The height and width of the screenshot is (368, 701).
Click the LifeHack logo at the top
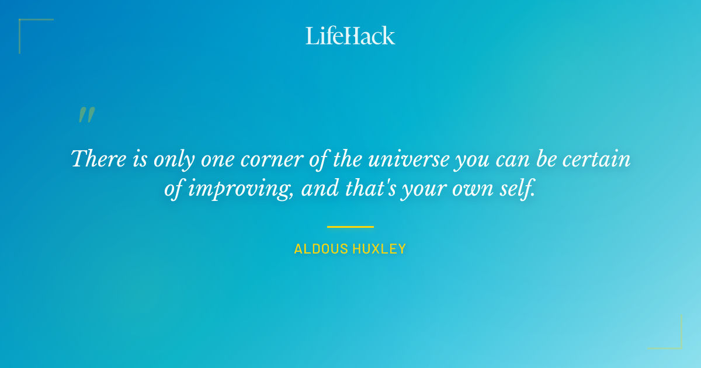[x=350, y=36]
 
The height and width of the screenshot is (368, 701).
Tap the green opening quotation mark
[x=86, y=114]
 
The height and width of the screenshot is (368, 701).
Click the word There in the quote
[x=96, y=159]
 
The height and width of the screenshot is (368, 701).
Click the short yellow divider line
[x=350, y=227]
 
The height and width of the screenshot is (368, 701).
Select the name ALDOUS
[x=321, y=249]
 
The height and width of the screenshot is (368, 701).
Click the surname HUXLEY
[x=379, y=249]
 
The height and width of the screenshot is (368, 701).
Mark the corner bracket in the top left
[x=23, y=23]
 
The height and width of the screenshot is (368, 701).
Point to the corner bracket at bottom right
[x=678, y=345]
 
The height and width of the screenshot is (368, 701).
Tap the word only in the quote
[x=173, y=159]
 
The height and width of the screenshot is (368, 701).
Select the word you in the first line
[x=470, y=159]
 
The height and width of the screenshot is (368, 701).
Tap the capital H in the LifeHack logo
[x=350, y=36]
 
